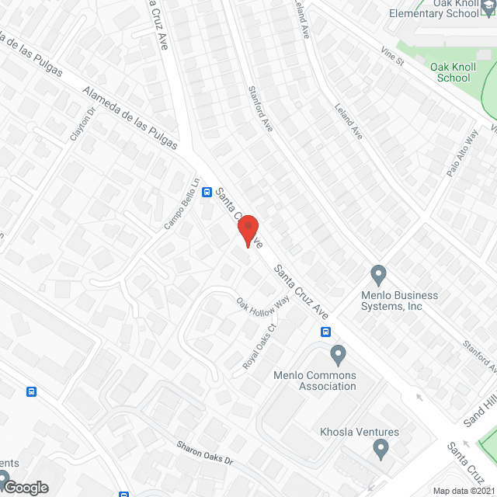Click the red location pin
[248, 231]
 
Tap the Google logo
[25, 487]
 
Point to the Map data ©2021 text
[464, 491]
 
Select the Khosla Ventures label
[360, 433]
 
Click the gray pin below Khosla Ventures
[381, 448]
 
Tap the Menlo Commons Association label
[315, 381]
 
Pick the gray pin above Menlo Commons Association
[338, 356]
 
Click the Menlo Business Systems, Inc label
[399, 301]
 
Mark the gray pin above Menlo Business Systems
[378, 274]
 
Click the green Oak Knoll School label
[454, 72]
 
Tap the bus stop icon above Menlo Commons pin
[325, 332]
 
